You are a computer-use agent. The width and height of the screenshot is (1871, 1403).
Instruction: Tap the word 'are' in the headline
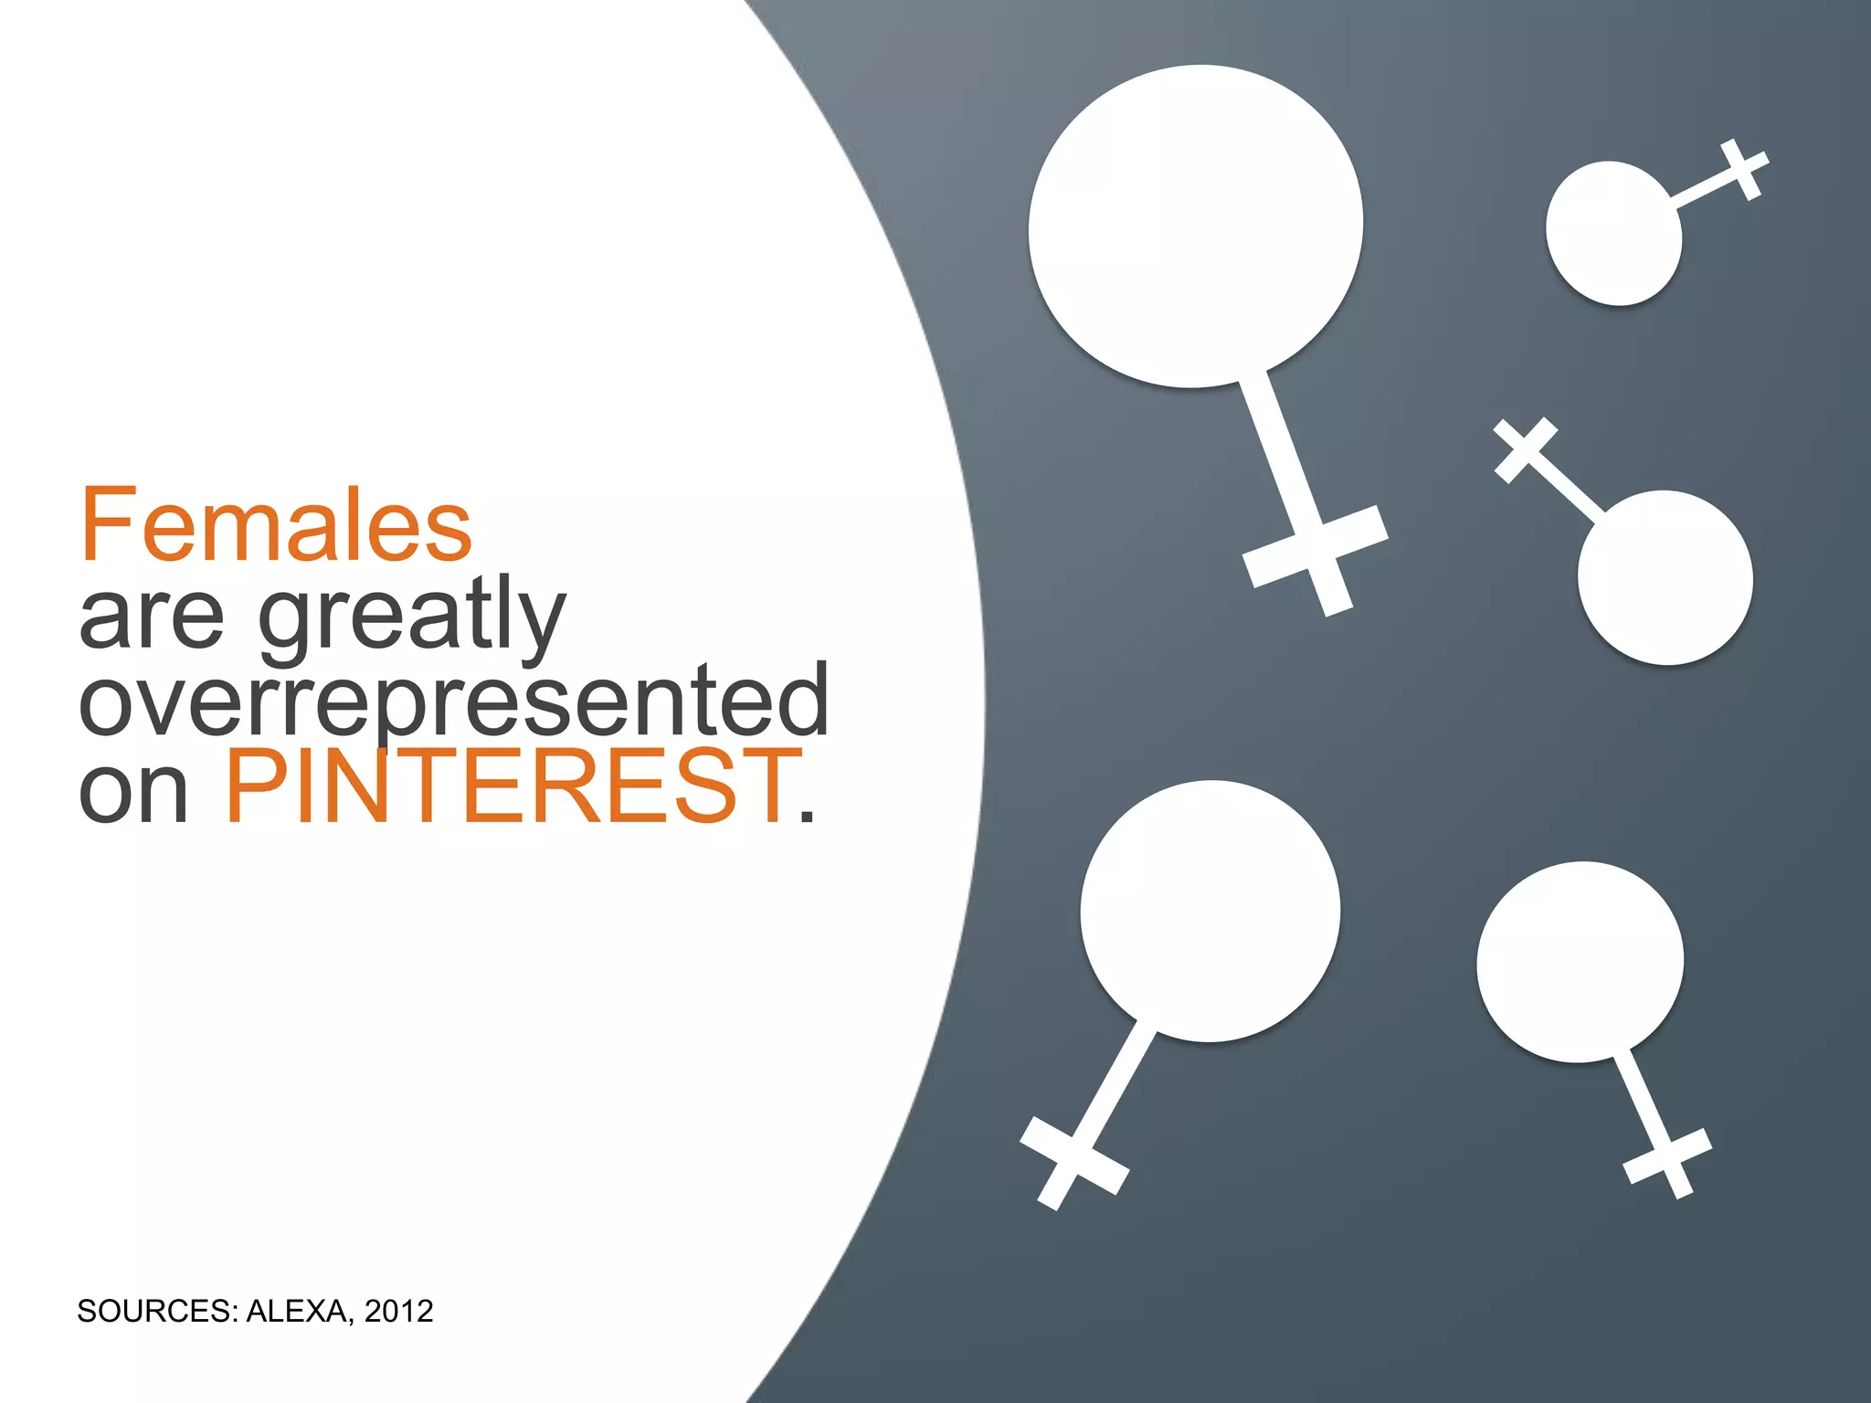151,617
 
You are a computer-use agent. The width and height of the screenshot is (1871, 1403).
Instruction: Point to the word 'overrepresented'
454,701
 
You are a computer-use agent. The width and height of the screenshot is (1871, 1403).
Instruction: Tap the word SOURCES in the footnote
156,1312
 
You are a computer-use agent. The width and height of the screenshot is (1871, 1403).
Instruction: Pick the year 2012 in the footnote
398,1312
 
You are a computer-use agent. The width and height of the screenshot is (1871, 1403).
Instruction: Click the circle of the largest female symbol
1195,227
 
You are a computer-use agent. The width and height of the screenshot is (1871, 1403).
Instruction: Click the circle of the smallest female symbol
1613,234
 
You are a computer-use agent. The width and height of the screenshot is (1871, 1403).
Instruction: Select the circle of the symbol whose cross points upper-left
1665,577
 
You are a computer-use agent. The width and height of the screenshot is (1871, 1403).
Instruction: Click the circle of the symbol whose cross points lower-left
1210,911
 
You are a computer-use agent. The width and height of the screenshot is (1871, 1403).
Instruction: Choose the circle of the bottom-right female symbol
1580,962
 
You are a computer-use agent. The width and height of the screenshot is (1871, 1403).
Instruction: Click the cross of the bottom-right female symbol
1667,1160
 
